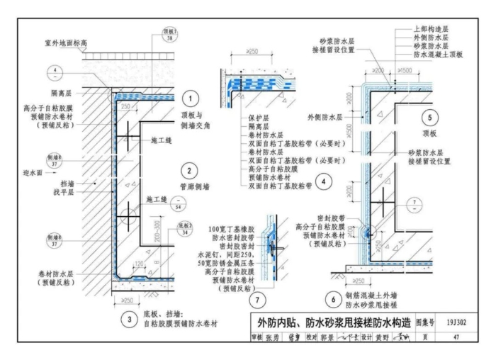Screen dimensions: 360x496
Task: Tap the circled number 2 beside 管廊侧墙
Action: tap(190, 170)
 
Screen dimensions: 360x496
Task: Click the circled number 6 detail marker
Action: tap(329, 300)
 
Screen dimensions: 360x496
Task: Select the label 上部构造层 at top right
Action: tap(430, 29)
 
